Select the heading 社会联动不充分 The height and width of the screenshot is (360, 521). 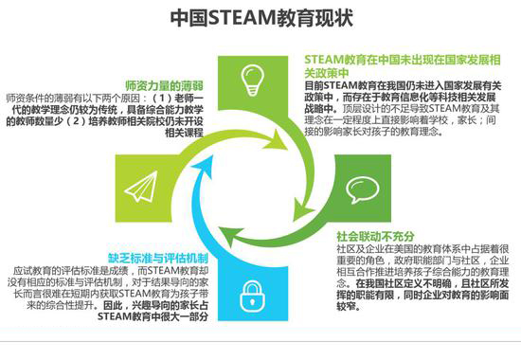(x=377, y=234)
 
